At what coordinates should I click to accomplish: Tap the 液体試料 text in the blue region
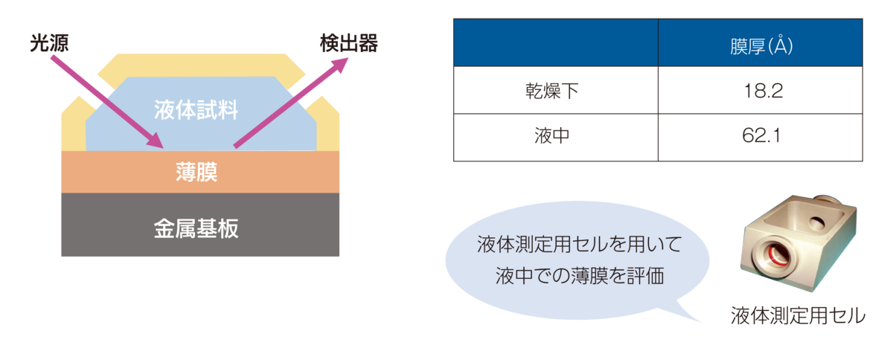click(x=196, y=111)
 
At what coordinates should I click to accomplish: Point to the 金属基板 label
click(x=196, y=228)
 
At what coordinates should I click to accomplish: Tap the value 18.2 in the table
click(x=760, y=91)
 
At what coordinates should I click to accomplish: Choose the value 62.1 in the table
click(x=760, y=137)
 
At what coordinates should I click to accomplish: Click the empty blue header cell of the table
click(x=554, y=42)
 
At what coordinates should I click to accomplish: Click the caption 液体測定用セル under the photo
click(x=797, y=315)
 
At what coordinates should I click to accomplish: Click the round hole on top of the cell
click(x=818, y=221)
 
